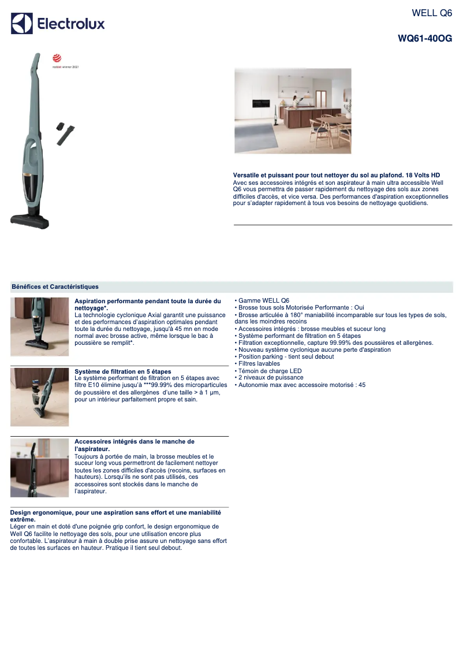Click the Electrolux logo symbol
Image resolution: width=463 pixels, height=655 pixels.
point(22,24)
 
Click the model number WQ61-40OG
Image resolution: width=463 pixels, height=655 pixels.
point(425,39)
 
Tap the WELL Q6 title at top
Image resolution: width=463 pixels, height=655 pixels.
point(432,13)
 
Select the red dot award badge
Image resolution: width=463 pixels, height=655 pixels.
point(57,58)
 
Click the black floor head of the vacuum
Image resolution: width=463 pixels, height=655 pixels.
point(30,219)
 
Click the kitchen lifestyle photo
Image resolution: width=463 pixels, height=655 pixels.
point(293,111)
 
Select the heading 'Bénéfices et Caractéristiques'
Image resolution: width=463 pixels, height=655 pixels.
point(55,286)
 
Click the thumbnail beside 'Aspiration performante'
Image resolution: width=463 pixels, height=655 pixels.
point(39,326)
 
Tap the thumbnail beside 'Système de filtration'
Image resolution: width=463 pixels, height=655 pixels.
point(39,397)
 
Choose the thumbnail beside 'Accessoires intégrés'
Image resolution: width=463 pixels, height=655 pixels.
point(39,468)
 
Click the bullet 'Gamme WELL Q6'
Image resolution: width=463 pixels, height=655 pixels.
point(264,301)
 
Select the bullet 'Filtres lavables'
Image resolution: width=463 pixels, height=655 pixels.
point(259,364)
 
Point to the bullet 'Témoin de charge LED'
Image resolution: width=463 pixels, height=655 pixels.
point(270,371)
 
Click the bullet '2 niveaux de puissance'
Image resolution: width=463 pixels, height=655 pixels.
point(270,378)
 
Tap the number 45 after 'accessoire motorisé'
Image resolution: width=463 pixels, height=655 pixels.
point(361,385)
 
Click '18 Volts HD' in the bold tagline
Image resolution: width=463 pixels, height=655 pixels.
point(423,174)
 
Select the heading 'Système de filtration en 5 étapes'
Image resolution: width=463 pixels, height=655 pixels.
point(123,371)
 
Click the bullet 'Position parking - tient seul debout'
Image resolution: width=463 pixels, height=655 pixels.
point(286,357)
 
